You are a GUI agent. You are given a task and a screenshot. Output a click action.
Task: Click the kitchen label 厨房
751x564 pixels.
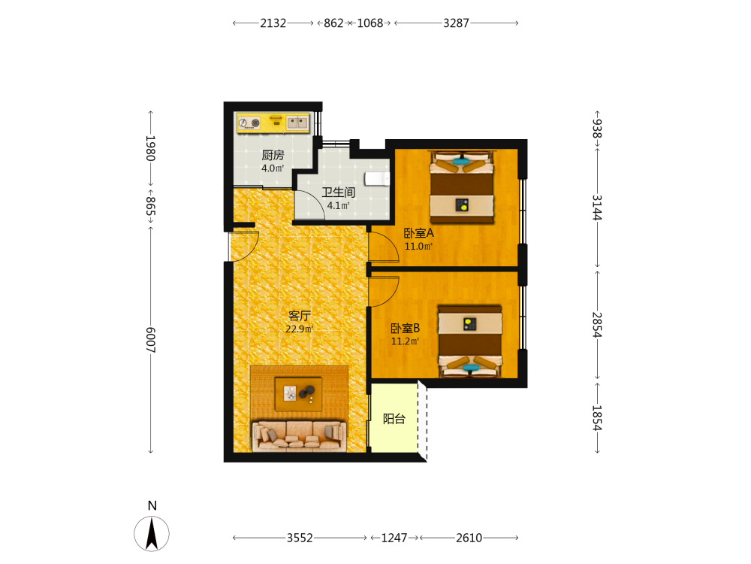tap(273, 155)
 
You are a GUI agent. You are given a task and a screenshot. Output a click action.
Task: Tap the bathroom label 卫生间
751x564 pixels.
tap(338, 193)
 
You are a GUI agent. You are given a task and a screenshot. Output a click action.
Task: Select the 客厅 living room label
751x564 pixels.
tap(300, 316)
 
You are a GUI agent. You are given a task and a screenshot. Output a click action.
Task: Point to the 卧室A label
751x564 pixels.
tap(418, 233)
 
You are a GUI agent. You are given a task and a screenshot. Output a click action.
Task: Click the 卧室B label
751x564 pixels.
tap(406, 328)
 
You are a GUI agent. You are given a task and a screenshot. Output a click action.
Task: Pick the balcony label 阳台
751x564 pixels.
tap(394, 419)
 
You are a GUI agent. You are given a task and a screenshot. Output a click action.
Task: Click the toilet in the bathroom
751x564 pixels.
tap(377, 179)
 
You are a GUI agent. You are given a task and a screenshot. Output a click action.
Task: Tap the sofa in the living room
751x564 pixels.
tap(300, 436)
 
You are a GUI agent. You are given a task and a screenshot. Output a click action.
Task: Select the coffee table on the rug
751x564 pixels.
tap(298, 393)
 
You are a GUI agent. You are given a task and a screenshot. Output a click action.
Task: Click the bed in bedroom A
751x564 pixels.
tap(462, 187)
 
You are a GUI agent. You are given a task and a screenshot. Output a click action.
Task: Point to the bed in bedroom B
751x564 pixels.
tap(470, 341)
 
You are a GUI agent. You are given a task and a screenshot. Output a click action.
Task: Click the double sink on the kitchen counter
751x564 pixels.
tap(297, 123)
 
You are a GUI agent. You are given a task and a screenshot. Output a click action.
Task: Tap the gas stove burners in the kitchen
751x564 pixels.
tap(249, 123)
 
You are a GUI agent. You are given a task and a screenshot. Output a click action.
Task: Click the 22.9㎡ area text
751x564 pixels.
tap(300, 329)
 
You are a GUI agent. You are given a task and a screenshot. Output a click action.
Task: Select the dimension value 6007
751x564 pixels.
tap(150, 340)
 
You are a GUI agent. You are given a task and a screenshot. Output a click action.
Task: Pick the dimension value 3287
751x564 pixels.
tap(456, 23)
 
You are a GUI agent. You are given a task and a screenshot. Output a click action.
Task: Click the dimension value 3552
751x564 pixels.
tap(300, 538)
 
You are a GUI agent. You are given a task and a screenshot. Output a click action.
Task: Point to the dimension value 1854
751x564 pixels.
tap(597, 418)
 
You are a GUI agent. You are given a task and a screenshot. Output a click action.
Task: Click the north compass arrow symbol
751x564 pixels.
tap(152, 534)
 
